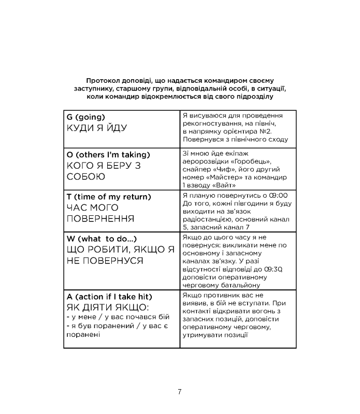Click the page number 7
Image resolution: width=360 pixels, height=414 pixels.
(180, 391)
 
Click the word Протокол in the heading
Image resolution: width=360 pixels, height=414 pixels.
(104, 81)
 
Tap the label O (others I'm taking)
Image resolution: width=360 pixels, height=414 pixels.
(109, 155)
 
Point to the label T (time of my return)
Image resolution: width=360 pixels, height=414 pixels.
(109, 197)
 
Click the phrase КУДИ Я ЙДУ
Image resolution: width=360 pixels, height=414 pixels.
(97, 128)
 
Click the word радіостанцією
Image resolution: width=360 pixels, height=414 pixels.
(210, 219)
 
